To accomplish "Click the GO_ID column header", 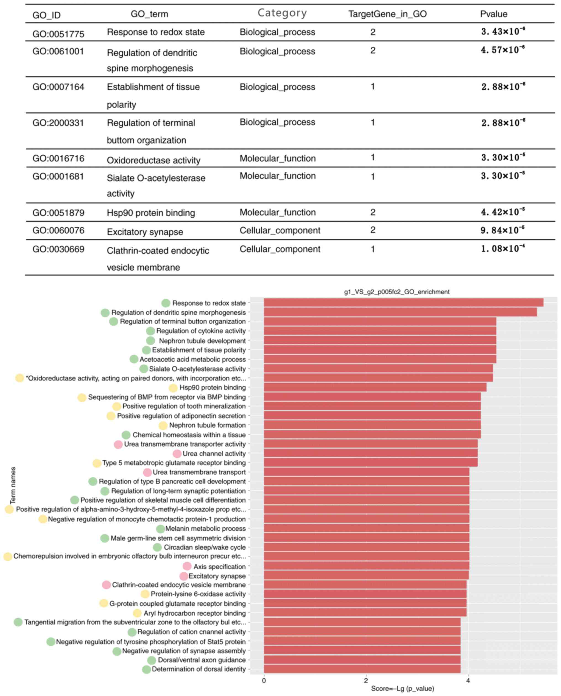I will point(46,15).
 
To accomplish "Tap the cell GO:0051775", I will point(58,34).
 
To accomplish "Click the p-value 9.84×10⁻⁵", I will point(502,230).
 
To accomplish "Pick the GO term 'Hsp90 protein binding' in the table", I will point(151,213).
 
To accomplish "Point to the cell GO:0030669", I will point(58,249).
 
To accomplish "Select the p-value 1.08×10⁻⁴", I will point(502,249).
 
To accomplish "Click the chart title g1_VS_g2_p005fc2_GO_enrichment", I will point(397,292).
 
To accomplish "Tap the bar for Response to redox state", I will point(403,302).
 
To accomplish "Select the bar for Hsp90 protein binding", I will point(375,387).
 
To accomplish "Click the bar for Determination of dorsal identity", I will point(362,669).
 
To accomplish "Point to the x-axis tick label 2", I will point(366,681).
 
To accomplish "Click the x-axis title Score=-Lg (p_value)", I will point(402,689).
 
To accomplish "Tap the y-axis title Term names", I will point(13,485).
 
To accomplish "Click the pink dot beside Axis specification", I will point(187,566).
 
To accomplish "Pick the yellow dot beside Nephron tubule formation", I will point(163,425).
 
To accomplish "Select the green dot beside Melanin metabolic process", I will point(160,529).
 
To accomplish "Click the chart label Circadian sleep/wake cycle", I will point(205,547).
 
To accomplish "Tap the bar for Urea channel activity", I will point(370,453).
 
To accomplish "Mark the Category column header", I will point(282,13).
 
